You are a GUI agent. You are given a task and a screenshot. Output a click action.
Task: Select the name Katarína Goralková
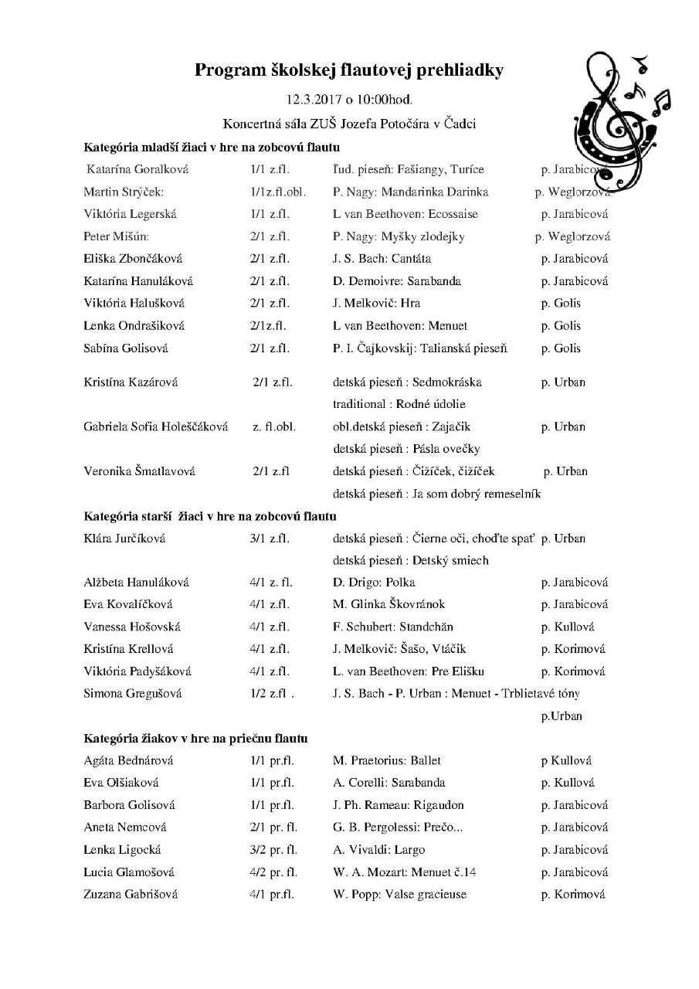click(x=137, y=169)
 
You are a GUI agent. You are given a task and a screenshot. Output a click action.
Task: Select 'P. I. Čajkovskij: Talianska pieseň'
click(x=420, y=348)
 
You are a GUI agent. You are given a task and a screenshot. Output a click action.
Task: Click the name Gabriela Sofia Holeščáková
click(x=155, y=427)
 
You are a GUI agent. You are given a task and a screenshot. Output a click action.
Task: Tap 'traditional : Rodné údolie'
click(x=399, y=404)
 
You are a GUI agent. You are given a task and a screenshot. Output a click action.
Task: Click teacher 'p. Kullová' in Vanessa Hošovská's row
click(x=568, y=627)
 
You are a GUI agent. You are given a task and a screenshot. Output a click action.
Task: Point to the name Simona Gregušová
click(x=132, y=694)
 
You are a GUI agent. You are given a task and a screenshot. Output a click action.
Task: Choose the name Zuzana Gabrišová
click(x=131, y=895)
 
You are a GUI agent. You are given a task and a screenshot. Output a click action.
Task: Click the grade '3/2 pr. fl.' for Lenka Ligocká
click(x=273, y=850)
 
